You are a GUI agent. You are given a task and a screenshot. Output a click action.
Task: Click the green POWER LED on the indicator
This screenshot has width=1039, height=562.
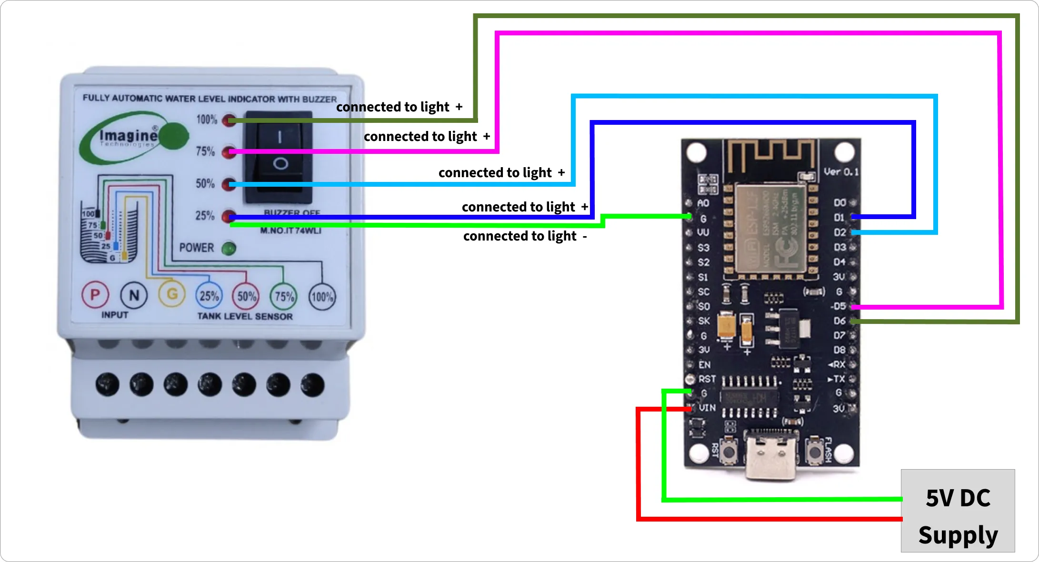tap(229, 248)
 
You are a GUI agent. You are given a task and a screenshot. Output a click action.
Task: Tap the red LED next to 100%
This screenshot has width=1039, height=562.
tap(229, 120)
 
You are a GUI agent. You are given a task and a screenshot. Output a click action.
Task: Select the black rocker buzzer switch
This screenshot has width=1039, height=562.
tap(279, 157)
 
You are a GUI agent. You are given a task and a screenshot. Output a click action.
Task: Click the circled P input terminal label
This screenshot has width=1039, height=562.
tap(95, 295)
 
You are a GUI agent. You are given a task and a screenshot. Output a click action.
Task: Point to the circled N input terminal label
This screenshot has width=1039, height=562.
tap(134, 295)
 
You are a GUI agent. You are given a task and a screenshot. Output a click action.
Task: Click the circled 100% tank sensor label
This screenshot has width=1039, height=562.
tap(322, 297)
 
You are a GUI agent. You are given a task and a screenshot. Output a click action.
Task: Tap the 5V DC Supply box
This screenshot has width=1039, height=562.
tap(958, 511)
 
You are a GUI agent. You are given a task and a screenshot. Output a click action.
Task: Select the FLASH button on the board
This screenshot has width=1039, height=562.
tap(815, 451)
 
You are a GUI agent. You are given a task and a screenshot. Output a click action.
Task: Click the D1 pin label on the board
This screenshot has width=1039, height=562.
tap(839, 218)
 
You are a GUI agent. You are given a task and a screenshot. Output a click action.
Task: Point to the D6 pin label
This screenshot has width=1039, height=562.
tap(839, 321)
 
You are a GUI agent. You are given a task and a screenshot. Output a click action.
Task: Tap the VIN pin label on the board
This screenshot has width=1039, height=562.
tap(707, 408)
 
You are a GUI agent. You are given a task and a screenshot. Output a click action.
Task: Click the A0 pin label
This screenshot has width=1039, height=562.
tap(703, 203)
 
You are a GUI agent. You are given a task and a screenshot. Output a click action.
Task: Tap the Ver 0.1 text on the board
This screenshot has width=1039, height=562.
tap(841, 172)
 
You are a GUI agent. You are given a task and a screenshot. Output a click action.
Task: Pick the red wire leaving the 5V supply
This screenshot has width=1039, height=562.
tap(762, 518)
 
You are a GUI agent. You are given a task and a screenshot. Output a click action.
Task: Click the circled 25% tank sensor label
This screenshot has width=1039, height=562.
tap(209, 296)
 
